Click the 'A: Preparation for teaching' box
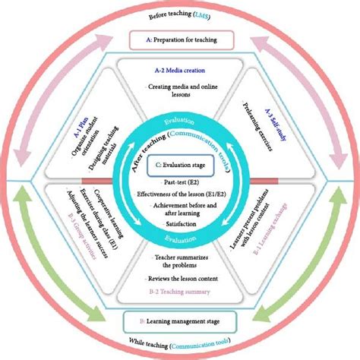(180, 39)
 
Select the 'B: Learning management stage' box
(180, 321)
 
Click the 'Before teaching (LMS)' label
(180, 14)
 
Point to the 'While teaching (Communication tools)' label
(180, 344)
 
